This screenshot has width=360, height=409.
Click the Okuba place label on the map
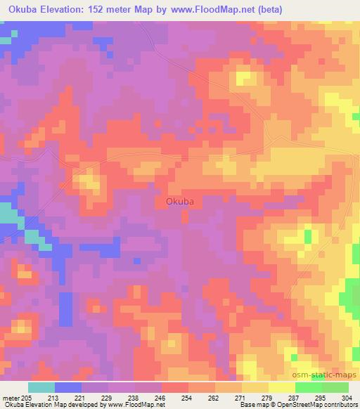pos(179,201)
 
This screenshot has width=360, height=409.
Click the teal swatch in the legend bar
pos(41,387)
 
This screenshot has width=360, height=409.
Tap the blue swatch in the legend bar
pos(68,387)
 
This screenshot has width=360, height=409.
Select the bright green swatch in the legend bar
pos(309,387)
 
